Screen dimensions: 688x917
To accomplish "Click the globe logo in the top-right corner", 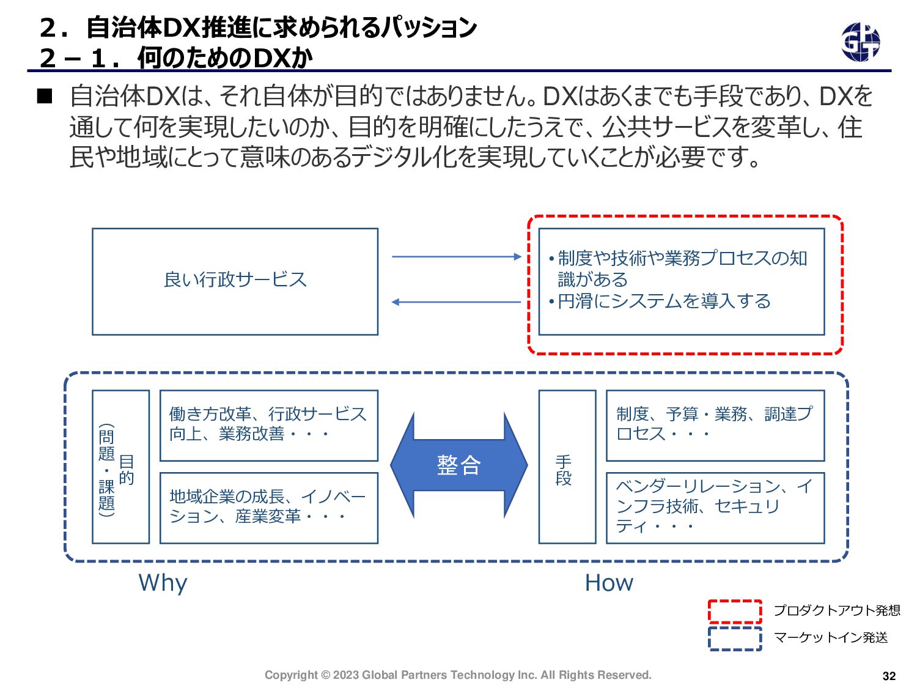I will pos(860,42).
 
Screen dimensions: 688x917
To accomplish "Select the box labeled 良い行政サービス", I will pos(235,281).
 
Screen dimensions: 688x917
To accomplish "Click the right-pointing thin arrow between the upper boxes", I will pos(456,257).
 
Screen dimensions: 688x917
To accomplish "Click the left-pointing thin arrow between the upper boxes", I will pos(456,302).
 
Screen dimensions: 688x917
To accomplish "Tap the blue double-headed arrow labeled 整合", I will pos(458,465).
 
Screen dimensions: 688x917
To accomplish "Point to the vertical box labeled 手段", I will pos(567,467).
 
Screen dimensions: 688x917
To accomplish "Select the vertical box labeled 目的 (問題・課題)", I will pos(120,467).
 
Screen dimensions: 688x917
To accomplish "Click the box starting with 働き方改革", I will pos(268,425).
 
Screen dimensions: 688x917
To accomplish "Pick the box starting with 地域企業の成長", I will pos(268,508).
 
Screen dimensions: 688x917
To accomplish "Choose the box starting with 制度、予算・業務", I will pos(715,425).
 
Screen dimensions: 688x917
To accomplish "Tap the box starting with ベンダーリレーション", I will pos(715,508).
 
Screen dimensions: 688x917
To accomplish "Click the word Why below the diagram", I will pos(163,583).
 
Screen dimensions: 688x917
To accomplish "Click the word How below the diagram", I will pos(609,583).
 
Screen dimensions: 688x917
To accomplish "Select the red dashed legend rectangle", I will pos(735,611).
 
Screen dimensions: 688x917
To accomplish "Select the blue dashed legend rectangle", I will pos(735,638).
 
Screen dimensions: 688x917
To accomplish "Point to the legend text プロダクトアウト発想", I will pos(836,610).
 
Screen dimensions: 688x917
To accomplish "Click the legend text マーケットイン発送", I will pos(830,638).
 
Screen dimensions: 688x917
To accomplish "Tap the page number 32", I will pos(889,676).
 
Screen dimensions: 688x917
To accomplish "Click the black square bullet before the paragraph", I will pos(45,96).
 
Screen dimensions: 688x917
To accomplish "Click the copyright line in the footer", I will pos(458,675).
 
